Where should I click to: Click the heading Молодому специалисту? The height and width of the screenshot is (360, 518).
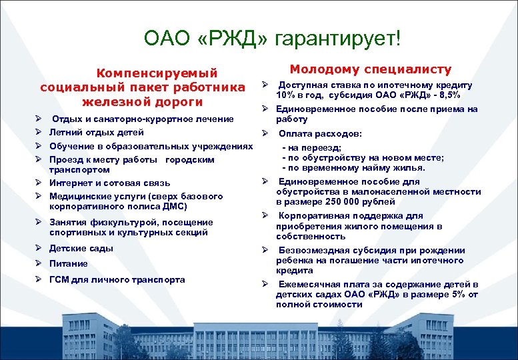(x=370, y=69)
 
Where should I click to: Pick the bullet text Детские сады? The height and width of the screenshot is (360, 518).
(x=81, y=249)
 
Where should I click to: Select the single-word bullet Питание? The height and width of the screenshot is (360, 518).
(x=68, y=263)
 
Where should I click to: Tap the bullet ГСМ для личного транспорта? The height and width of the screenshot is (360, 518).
(x=117, y=279)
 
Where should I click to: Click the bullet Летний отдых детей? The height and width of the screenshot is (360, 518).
(x=97, y=132)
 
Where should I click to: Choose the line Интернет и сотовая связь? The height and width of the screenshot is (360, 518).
(x=109, y=183)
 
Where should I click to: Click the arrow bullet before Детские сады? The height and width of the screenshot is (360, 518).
(x=39, y=249)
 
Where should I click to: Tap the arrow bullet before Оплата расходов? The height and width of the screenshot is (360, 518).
(x=265, y=133)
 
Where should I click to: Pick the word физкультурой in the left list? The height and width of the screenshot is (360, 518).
(x=117, y=222)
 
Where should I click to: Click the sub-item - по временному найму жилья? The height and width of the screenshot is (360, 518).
(x=353, y=168)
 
